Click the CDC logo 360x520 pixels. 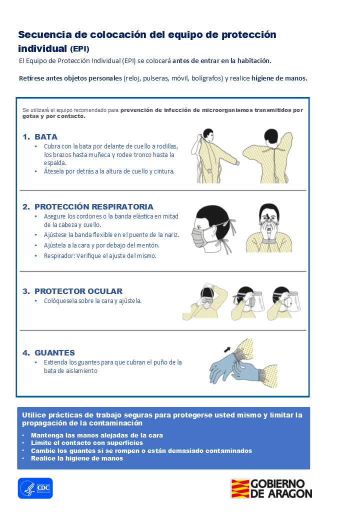click(35, 488)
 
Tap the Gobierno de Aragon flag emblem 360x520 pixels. click(240, 488)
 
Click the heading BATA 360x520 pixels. click(46, 136)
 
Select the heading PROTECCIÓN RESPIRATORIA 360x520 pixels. click(94, 206)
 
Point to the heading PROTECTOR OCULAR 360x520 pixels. click(78, 291)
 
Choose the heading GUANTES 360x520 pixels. click(54, 352)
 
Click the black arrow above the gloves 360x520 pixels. click(227, 349)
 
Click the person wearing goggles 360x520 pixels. click(205, 301)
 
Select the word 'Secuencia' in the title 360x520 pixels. click(45, 34)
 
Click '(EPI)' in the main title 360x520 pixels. click(79, 49)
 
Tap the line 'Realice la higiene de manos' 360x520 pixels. click(77, 458)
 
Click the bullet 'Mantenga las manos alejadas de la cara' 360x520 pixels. click(97, 435)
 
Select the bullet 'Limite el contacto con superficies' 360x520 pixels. click(87, 442)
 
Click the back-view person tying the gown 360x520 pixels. click(268, 156)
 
